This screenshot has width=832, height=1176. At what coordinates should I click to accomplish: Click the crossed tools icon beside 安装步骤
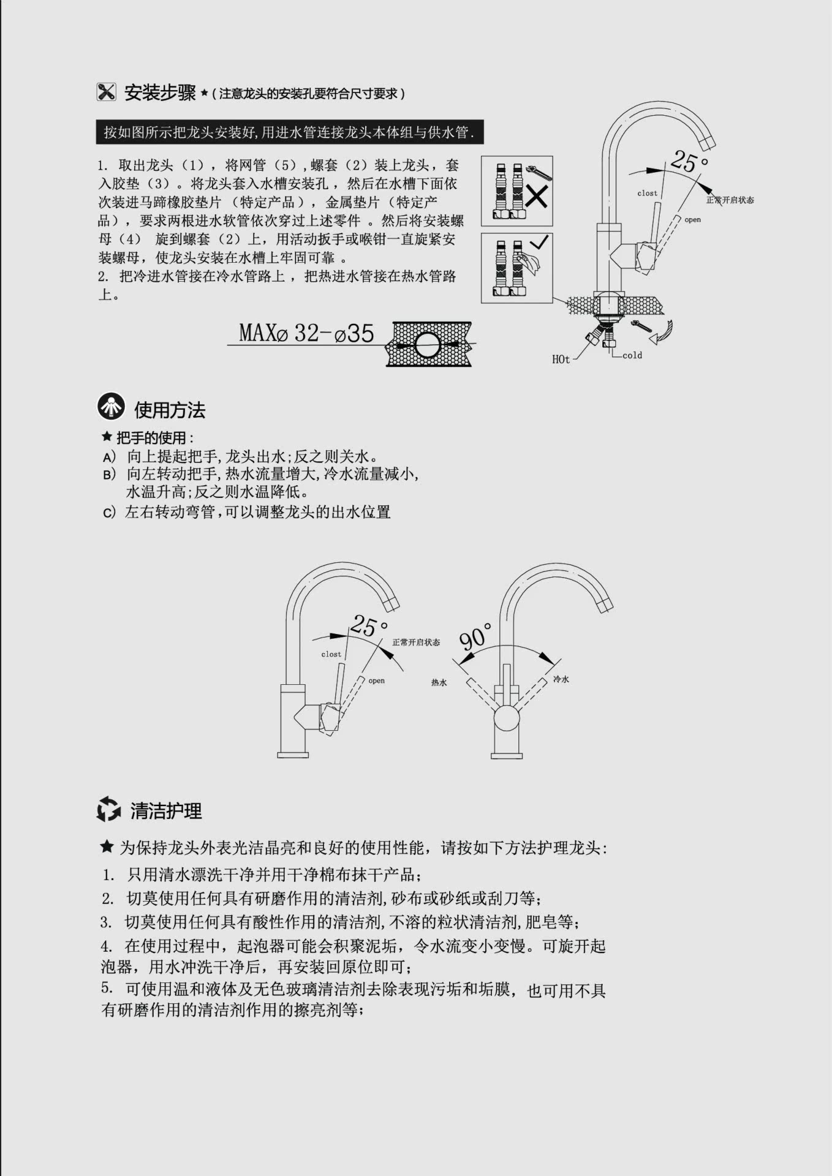pyautogui.click(x=106, y=92)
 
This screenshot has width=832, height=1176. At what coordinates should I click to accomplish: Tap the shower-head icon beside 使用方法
pyautogui.click(x=111, y=406)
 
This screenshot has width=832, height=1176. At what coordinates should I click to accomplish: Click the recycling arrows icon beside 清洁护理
pyautogui.click(x=108, y=809)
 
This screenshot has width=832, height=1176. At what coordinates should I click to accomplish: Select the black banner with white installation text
pyautogui.click(x=289, y=132)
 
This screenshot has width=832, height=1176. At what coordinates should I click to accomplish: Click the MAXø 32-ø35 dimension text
pyautogui.click(x=306, y=333)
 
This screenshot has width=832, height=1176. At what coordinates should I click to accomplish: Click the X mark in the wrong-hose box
pyautogui.click(x=537, y=197)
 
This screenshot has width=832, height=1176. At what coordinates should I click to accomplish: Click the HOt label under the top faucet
pyautogui.click(x=561, y=360)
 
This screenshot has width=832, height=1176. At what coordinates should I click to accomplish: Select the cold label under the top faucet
pyautogui.click(x=632, y=355)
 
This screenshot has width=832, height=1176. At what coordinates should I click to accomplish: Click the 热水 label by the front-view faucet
pyautogui.click(x=439, y=682)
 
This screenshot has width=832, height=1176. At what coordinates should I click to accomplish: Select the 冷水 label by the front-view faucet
pyautogui.click(x=561, y=679)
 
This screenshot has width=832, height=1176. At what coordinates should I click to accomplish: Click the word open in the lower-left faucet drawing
pyautogui.click(x=376, y=680)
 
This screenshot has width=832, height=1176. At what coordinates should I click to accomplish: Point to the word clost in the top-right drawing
pyautogui.click(x=647, y=193)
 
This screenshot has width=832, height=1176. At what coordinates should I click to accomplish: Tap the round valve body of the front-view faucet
pyautogui.click(x=507, y=717)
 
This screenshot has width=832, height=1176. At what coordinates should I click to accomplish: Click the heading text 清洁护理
pyautogui.click(x=166, y=811)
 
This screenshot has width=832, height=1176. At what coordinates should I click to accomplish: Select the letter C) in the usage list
pyautogui.click(x=108, y=513)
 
